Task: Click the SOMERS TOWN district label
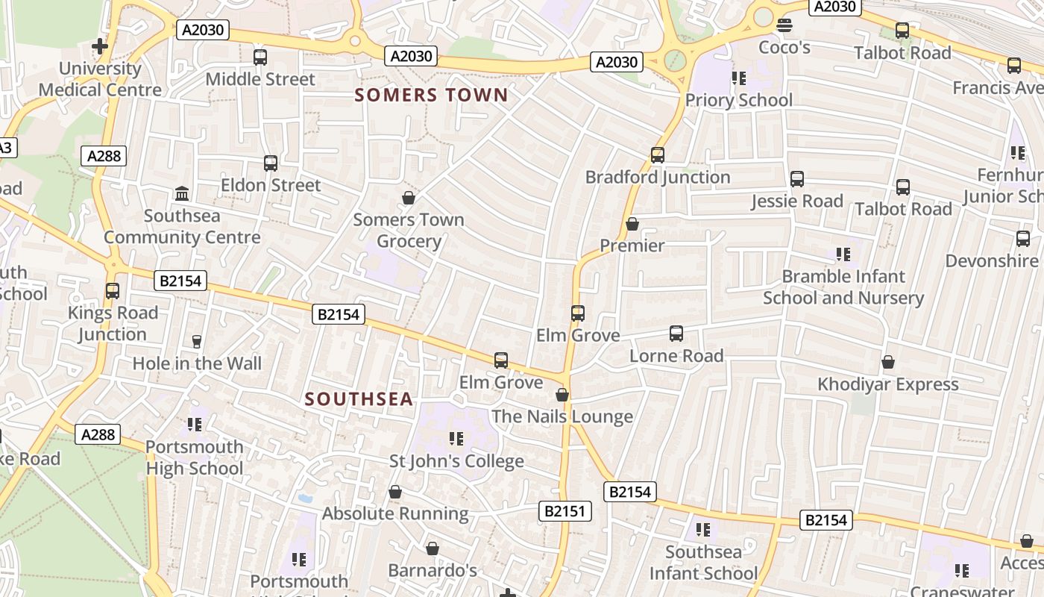[x=431, y=96]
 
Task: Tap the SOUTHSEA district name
[x=359, y=399]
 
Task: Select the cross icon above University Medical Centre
[x=99, y=46]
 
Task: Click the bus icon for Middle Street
[x=260, y=57]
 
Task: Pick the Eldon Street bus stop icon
[x=271, y=163]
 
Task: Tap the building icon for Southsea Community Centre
[x=182, y=194]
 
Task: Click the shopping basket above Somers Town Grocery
[x=409, y=198]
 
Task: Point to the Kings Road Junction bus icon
[x=113, y=291]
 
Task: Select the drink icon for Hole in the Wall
[x=197, y=342]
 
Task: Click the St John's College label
[x=456, y=461]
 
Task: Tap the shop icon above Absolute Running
[x=395, y=493]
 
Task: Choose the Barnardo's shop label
[x=433, y=571]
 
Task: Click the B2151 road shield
[x=565, y=511]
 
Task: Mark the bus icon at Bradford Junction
[x=657, y=155]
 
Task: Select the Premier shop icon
[x=632, y=224]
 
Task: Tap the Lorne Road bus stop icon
[x=676, y=334]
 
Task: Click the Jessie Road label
[x=797, y=201]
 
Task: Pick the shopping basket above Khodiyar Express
[x=888, y=363]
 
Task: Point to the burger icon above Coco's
[x=784, y=25]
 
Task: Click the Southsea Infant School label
[x=703, y=563]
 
